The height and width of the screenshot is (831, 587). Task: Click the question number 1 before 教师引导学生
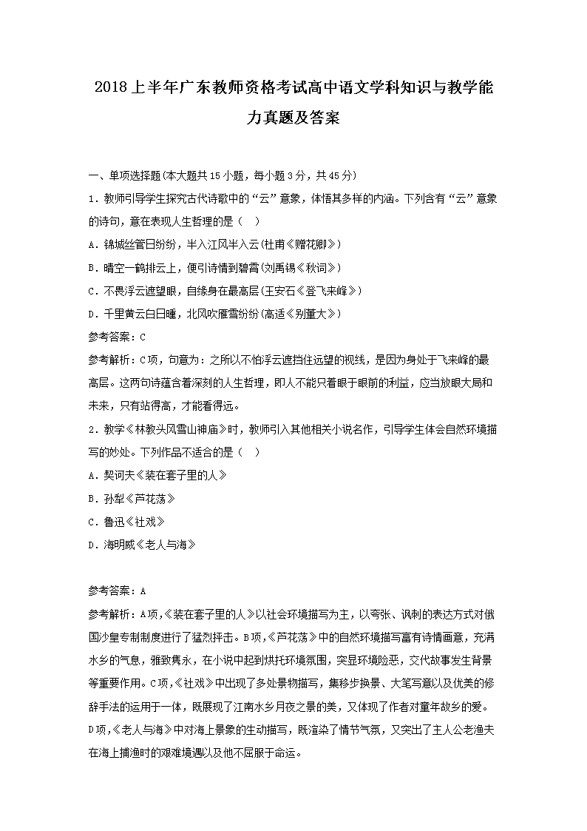[x=90, y=198]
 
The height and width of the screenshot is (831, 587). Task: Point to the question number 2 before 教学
[x=90, y=428]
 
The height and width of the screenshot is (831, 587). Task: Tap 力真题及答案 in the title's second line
[x=293, y=117]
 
